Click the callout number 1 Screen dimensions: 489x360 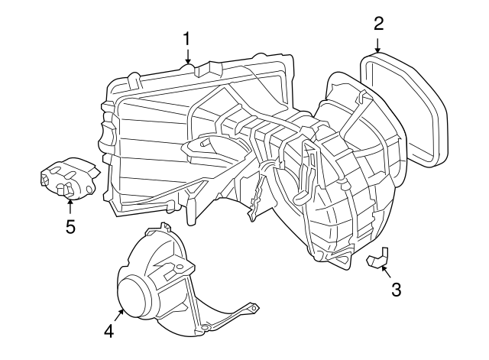[x=186, y=40]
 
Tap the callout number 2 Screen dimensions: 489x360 [x=379, y=24]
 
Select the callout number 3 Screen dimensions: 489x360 [x=396, y=289]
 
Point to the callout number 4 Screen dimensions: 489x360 [x=109, y=331]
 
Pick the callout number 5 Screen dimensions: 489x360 [x=70, y=226]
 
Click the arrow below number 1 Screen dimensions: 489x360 [x=187, y=56]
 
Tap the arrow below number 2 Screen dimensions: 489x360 [x=377, y=45]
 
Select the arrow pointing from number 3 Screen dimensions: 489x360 [x=386, y=271]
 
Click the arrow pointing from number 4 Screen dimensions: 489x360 [x=119, y=315]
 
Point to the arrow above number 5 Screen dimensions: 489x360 [x=70, y=206]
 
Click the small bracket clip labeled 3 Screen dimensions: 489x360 [x=378, y=258]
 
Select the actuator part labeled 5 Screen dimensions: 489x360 [x=70, y=178]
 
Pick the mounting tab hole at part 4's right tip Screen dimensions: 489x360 [x=254, y=308]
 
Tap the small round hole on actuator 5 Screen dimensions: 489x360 [x=89, y=190]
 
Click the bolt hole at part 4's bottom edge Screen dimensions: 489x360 [x=204, y=327]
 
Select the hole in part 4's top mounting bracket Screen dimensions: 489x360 [x=179, y=266]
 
